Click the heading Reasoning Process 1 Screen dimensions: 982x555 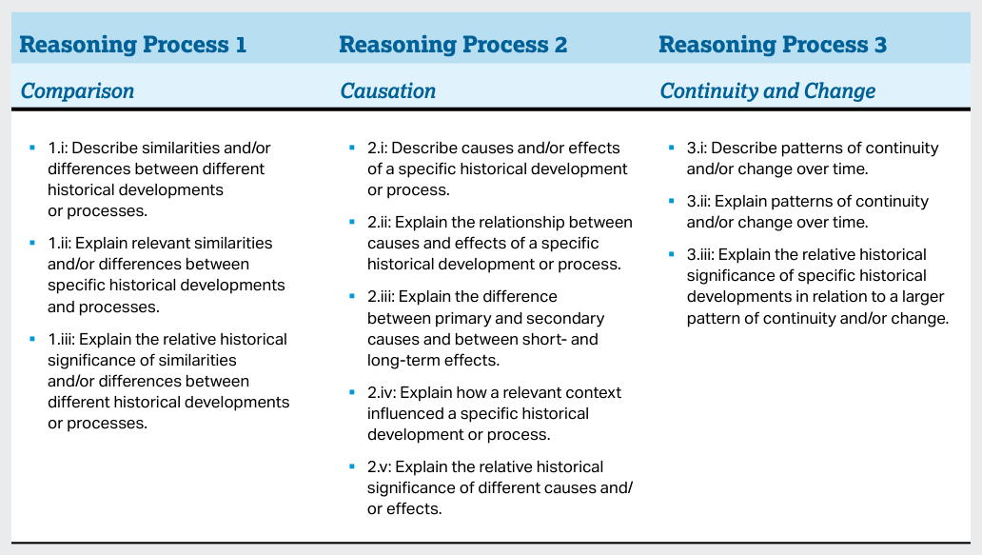(133, 45)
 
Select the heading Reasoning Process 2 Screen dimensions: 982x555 (453, 45)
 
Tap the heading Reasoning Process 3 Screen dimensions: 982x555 (773, 45)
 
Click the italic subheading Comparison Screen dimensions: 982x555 (78, 91)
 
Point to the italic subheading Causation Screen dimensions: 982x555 (387, 91)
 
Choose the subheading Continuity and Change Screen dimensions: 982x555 (767, 91)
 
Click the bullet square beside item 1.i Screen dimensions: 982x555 (32, 148)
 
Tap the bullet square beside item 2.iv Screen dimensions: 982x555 (352, 392)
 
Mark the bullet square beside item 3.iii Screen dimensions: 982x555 (672, 254)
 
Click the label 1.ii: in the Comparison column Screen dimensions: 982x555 (60, 243)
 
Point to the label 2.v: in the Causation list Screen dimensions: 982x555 (380, 466)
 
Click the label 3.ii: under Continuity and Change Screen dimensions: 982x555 (699, 201)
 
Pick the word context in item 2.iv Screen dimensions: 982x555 (593, 393)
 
